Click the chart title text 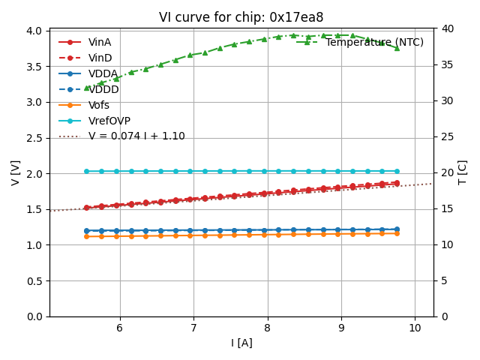coord(241,17)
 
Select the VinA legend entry coord(100,42)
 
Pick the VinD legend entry coord(100,58)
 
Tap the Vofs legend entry coord(99,105)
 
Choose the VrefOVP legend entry coord(109,121)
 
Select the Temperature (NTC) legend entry coord(374,42)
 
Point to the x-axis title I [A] coord(241,343)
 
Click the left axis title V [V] coord(16,172)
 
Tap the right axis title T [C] coord(463,172)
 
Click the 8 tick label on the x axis coord(267,328)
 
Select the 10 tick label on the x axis coord(415,328)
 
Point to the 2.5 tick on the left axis coord(32,137)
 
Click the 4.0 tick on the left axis coord(32,31)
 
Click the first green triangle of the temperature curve coord(86,88)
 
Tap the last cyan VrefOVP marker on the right coord(397,171)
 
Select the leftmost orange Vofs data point coord(86,236)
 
